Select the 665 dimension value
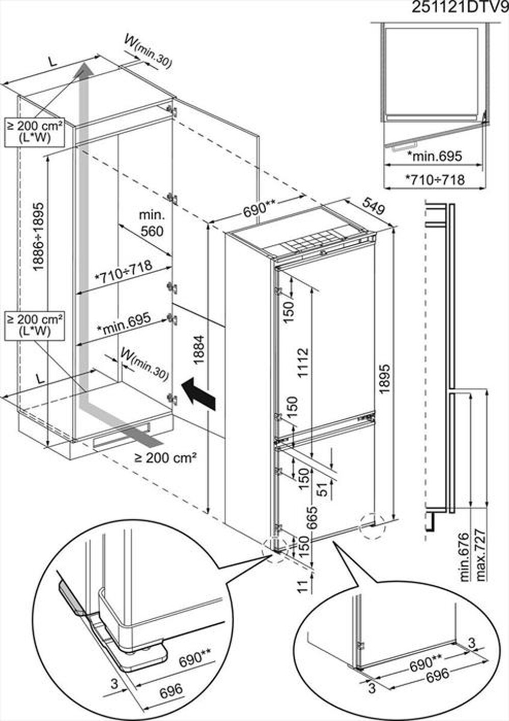point(312,517)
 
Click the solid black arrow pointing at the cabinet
point(199,393)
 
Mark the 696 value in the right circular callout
point(437,675)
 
